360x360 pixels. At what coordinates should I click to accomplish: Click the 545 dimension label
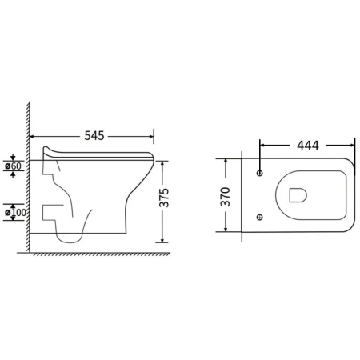pos(94,136)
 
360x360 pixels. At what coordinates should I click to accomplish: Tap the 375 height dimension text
pos(165,198)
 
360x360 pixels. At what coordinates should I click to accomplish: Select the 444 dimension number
pos(308,146)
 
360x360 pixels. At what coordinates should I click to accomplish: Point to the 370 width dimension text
pos(226,197)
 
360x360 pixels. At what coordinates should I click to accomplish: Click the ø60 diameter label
pos(13,166)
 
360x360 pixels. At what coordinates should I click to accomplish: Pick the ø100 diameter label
pos(15,213)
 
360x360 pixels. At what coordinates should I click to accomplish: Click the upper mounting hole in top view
pos(259,173)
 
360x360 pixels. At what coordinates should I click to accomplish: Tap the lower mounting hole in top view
pos(259,217)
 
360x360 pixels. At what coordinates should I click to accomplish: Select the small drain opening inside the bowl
pos(298,195)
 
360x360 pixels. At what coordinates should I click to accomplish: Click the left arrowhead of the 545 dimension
pos(32,137)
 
